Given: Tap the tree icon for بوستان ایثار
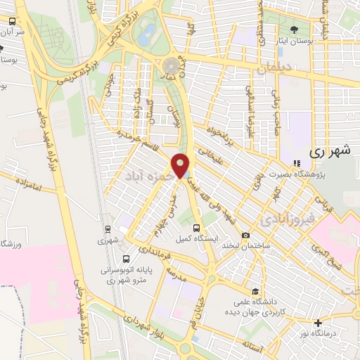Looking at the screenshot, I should click(293, 29).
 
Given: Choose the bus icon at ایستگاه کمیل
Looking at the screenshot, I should click(197, 228).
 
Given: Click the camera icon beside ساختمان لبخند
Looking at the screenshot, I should click(245, 235).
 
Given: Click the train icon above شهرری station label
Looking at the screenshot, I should click(108, 229).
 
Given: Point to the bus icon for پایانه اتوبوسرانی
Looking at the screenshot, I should click(126, 258).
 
